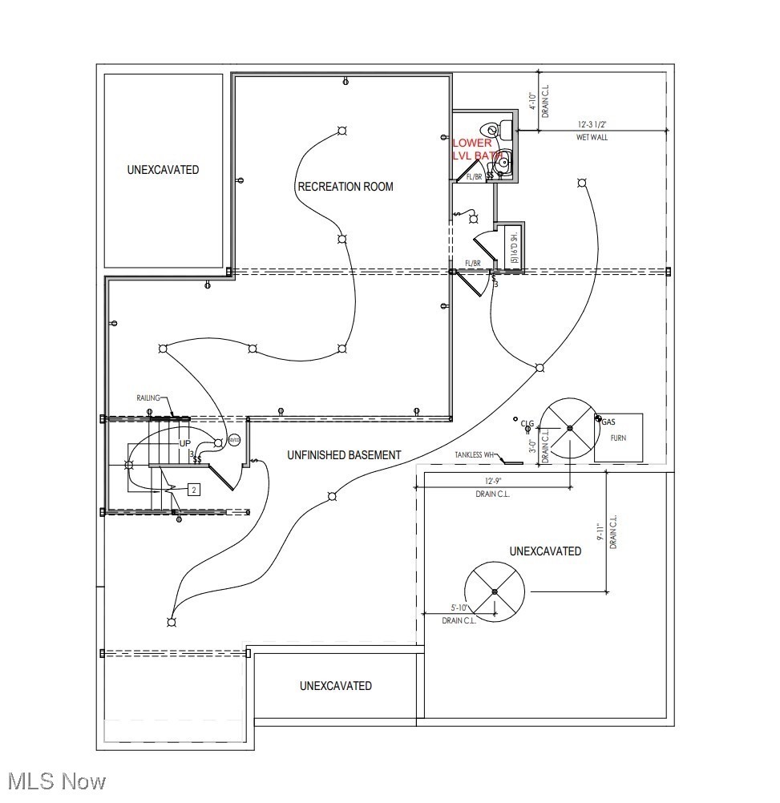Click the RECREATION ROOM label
[x=346, y=187]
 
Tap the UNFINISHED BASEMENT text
[x=344, y=455]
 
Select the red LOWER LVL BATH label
[x=473, y=148]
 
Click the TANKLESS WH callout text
[x=475, y=456]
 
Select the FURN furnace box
[x=619, y=438]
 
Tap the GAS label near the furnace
[x=608, y=422]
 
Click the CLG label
[x=527, y=423]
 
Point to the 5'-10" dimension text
[x=460, y=608]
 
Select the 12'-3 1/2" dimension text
[x=592, y=125]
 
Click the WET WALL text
[x=592, y=138]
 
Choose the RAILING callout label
[x=148, y=397]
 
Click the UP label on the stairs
[x=184, y=443]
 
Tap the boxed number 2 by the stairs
[x=193, y=489]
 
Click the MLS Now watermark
[x=54, y=781]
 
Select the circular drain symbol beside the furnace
[x=569, y=428]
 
